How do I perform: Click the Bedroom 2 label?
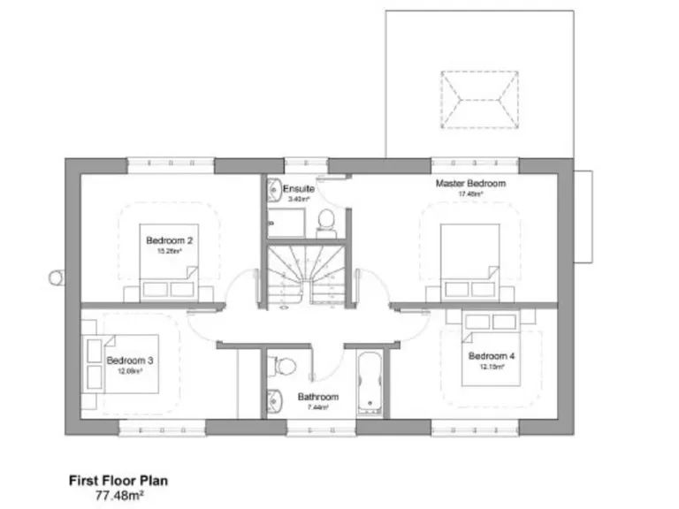169,240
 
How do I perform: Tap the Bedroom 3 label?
130,361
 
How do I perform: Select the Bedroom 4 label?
492,356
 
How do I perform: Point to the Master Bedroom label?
470,184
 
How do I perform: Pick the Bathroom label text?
313,397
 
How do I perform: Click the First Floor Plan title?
118,481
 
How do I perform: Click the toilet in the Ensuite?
324,222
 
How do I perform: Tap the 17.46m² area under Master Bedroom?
470,194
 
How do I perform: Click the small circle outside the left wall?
55,277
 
